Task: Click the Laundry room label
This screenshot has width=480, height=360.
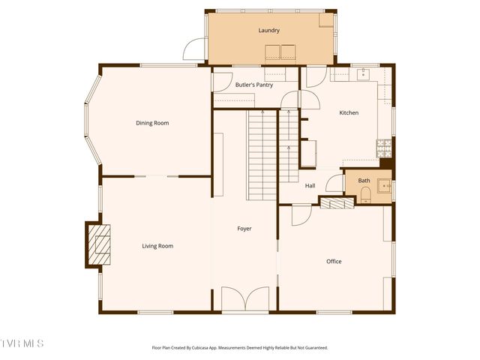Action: click(x=268, y=31)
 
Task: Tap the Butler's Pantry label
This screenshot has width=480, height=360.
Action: click(x=253, y=85)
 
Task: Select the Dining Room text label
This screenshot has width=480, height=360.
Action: click(x=152, y=123)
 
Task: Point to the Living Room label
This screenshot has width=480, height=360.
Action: click(x=157, y=246)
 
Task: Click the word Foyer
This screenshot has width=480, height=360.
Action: click(x=244, y=228)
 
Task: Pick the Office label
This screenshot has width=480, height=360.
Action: click(x=334, y=262)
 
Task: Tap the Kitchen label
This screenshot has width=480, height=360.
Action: click(x=349, y=112)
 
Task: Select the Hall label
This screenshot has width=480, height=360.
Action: click(x=310, y=185)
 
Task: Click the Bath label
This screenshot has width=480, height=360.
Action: click(x=364, y=181)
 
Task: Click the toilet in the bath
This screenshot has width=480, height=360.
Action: click(x=365, y=196)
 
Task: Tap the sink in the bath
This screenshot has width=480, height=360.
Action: click(x=385, y=184)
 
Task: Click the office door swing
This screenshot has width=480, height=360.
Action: click(x=301, y=214)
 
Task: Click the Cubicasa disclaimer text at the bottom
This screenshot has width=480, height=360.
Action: click(x=240, y=347)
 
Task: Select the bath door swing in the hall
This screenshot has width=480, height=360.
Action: click(x=334, y=183)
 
